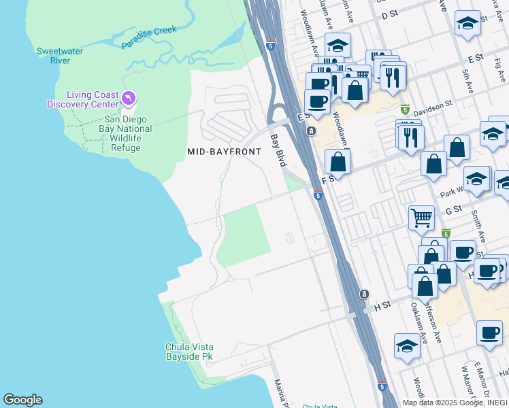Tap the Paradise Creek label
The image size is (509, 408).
click(x=148, y=37)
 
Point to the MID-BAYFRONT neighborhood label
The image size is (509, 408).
click(x=224, y=152)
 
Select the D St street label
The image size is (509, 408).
click(x=389, y=14)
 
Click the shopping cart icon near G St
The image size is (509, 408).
click(x=421, y=218)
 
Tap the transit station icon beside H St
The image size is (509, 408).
click(x=365, y=294)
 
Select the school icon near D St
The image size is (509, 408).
click(x=467, y=24)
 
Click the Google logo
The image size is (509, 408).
click(x=22, y=400)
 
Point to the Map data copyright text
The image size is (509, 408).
click(x=455, y=403)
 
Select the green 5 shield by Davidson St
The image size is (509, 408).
click(x=405, y=109)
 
